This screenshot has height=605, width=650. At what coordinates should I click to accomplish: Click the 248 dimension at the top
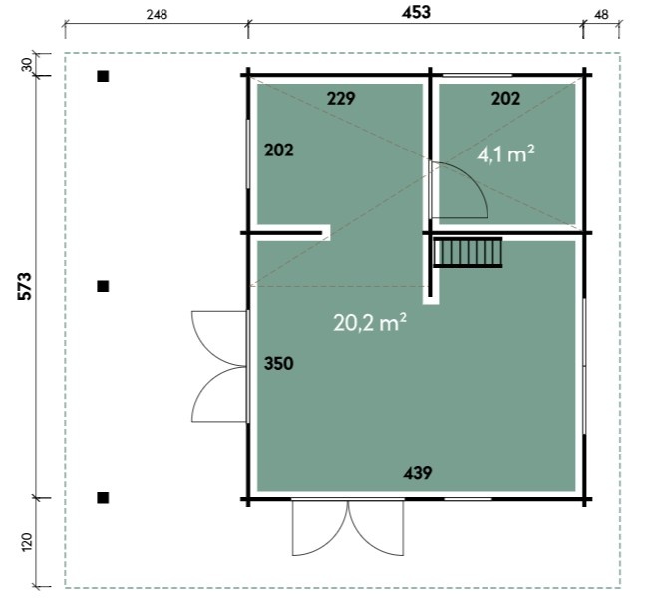click(158, 15)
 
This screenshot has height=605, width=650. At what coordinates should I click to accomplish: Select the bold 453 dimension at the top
click(416, 12)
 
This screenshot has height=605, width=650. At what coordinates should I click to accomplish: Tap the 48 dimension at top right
click(601, 15)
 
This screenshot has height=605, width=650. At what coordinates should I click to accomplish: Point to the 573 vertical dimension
click(25, 286)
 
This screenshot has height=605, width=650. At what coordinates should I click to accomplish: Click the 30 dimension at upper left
click(26, 64)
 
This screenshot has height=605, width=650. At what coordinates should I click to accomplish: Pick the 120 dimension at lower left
click(26, 542)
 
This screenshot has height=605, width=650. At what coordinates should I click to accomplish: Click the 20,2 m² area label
click(370, 322)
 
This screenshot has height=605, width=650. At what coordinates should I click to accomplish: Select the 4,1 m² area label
click(505, 154)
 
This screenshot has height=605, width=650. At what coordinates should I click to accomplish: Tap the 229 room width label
click(341, 99)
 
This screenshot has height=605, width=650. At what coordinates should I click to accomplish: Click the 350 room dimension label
click(279, 364)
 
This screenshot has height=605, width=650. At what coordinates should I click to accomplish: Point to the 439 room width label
click(418, 473)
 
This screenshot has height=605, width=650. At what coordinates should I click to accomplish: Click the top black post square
click(103, 76)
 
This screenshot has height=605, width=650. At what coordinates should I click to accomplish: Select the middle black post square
click(103, 286)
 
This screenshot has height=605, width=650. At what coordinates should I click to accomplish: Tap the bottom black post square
click(103, 498)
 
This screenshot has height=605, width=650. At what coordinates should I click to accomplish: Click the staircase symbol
click(468, 253)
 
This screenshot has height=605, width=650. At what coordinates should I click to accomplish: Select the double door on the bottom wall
click(348, 528)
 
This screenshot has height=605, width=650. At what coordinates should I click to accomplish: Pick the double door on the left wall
click(219, 367)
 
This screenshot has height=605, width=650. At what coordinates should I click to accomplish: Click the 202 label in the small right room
click(505, 99)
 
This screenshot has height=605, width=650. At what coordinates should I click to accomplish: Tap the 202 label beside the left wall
click(279, 151)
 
